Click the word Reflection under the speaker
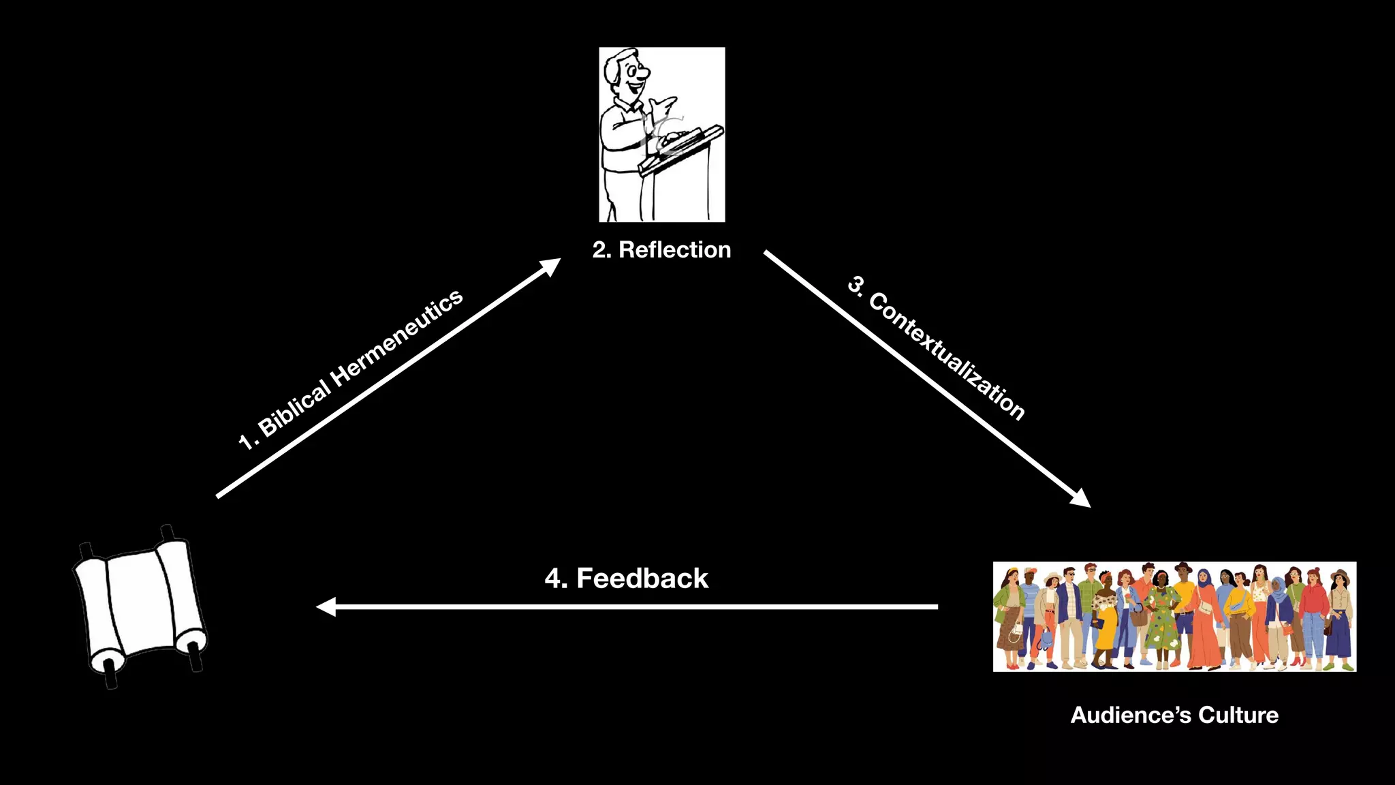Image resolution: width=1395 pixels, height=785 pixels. pos(674,250)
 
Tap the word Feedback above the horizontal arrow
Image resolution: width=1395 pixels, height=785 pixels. pos(642,579)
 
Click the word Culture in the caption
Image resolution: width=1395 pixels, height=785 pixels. pos(1238,715)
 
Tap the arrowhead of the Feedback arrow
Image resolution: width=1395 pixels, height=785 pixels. pos(326,606)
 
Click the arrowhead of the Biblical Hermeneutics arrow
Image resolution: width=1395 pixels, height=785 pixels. pos(550,266)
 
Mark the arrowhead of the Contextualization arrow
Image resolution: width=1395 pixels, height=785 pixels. pos(1081,499)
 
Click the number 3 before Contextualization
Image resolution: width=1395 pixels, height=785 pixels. pos(856,284)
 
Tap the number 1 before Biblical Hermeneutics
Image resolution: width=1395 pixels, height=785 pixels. pos(246,442)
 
